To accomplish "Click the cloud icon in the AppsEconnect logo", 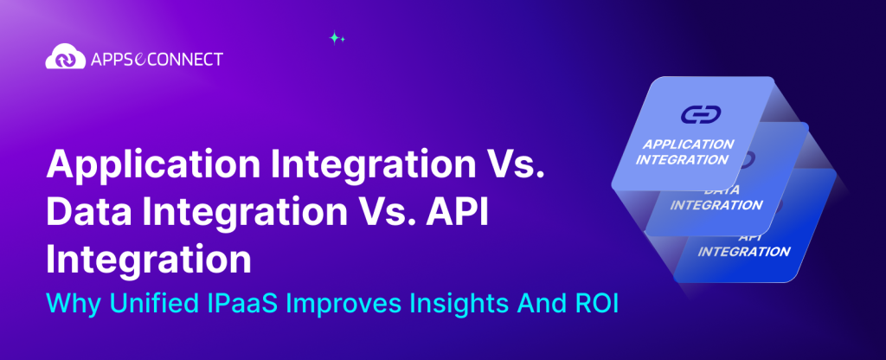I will (64, 59).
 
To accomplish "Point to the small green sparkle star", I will (337, 38).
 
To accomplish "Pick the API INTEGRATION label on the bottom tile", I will (743, 245).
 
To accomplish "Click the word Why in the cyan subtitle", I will (67, 304).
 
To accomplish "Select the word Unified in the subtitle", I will (132, 304).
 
